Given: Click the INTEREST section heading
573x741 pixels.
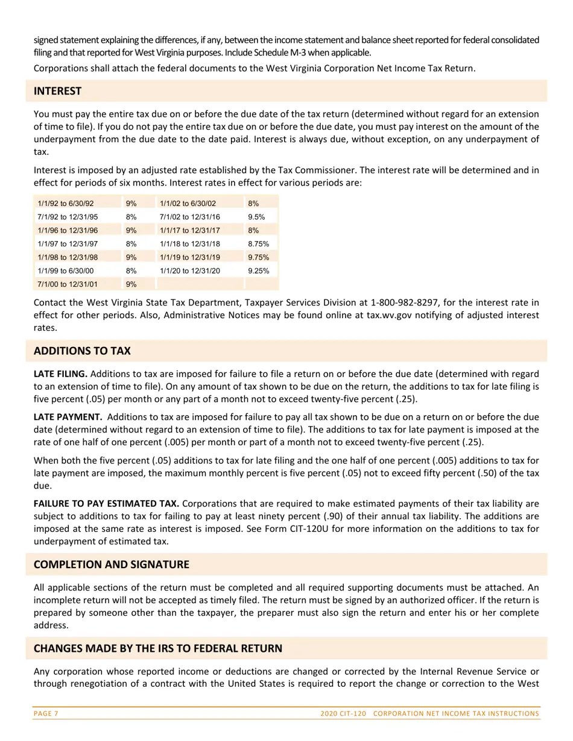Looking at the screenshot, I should (x=57, y=91).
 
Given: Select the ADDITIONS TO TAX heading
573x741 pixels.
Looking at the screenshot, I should (x=82, y=351).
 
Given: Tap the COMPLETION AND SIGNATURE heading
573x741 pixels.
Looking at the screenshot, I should (x=111, y=564).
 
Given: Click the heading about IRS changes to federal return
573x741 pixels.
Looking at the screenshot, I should (x=157, y=648).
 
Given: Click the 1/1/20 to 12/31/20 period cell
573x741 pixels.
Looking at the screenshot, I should (x=190, y=270).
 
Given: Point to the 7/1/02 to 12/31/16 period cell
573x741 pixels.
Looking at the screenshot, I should (x=190, y=217).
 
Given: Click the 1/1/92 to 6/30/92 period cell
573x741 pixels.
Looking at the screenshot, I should (x=66, y=204).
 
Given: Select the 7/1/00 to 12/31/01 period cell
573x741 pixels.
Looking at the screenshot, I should (x=68, y=284).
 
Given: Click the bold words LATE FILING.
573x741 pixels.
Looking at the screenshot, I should (x=60, y=374).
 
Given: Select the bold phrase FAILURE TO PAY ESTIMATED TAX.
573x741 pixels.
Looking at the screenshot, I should (x=106, y=503).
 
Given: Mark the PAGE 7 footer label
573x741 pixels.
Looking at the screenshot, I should (x=46, y=713).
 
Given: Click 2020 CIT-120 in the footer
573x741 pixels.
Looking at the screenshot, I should (x=343, y=713).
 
